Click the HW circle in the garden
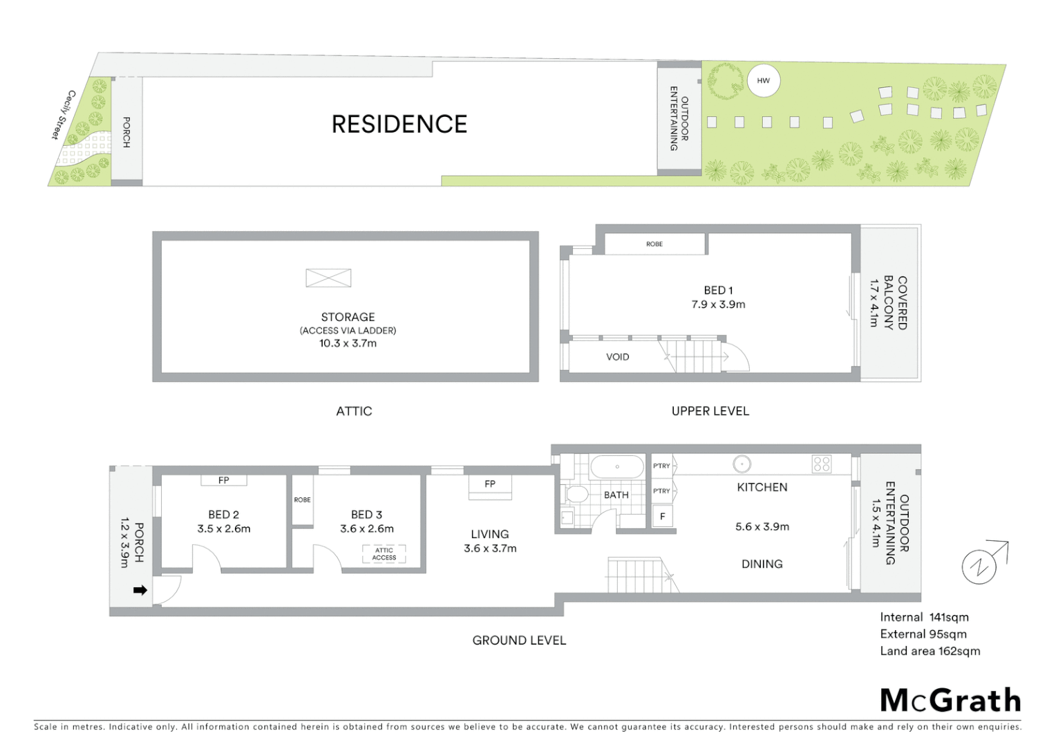point(763,81)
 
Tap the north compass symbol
point(980,566)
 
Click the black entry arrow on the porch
point(140,590)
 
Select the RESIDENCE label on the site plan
point(399,124)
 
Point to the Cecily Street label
point(62,115)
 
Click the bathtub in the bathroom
point(617,467)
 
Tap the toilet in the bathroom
point(576,494)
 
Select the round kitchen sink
point(742,464)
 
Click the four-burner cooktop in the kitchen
point(822,463)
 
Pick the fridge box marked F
point(663,517)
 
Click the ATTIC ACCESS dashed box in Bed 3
point(384,554)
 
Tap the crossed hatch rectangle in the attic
point(328,278)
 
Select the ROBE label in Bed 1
point(654,244)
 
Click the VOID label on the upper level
point(617,357)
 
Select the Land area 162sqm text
point(930,651)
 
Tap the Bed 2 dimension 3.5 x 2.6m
point(224,529)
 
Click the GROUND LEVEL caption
point(519,640)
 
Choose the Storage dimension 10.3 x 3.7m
point(348,343)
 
